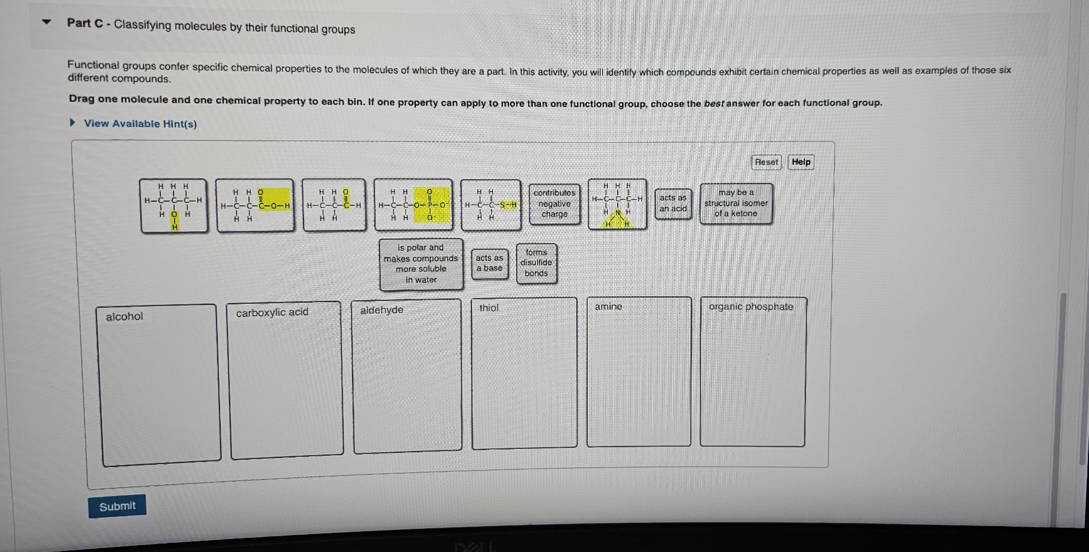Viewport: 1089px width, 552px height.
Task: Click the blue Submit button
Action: click(117, 506)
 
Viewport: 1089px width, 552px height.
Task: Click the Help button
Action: click(800, 162)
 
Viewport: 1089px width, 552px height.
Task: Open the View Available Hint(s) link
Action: click(140, 124)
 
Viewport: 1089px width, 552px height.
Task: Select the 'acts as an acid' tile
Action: click(673, 203)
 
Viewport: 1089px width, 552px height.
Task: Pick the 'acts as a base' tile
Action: click(489, 264)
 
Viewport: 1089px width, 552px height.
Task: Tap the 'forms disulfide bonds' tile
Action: click(536, 263)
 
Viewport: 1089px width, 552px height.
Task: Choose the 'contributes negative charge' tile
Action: click(554, 204)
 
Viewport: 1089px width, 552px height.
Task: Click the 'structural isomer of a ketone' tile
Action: click(736, 203)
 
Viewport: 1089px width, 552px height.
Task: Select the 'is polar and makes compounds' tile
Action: click(421, 264)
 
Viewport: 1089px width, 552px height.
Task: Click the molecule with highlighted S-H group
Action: click(491, 205)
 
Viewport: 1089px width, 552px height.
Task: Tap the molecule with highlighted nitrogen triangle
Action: click(617, 205)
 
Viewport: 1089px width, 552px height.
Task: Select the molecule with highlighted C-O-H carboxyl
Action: click(255, 205)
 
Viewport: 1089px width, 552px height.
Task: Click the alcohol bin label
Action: click(124, 317)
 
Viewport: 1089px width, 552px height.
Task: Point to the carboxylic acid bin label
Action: click(272, 313)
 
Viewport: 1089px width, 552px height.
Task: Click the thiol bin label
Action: click(488, 308)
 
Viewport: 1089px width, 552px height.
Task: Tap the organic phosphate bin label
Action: click(750, 307)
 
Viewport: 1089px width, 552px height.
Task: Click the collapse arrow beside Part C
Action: click(47, 23)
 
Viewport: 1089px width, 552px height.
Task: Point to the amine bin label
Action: click(608, 307)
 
